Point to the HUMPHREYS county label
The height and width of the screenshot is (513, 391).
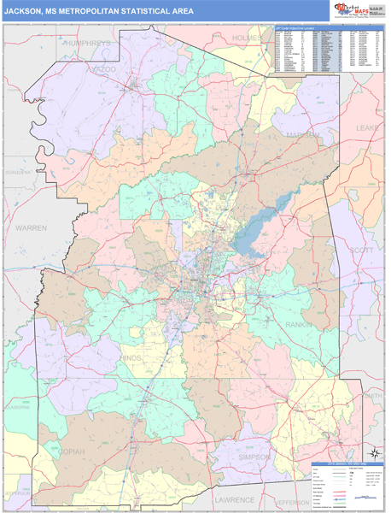pos(86,42)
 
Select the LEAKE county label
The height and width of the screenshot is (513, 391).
pos(368,127)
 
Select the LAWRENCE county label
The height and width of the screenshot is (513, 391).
pos(234,499)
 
